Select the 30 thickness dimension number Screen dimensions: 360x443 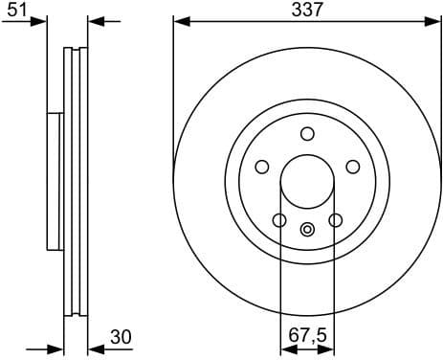coord(121,337)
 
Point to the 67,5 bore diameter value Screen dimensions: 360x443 coord(306,337)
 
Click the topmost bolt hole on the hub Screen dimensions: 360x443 coord(307,134)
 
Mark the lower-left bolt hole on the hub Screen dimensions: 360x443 coord(279,220)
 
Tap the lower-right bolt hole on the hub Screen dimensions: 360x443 coord(335,220)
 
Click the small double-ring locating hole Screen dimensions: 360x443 coord(307,229)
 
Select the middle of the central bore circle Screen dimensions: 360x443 coord(307,182)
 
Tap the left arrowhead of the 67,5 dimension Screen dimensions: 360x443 coord(285,349)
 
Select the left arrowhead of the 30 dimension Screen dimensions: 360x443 coord(56,349)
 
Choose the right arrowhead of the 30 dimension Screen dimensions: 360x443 coord(94,349)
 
